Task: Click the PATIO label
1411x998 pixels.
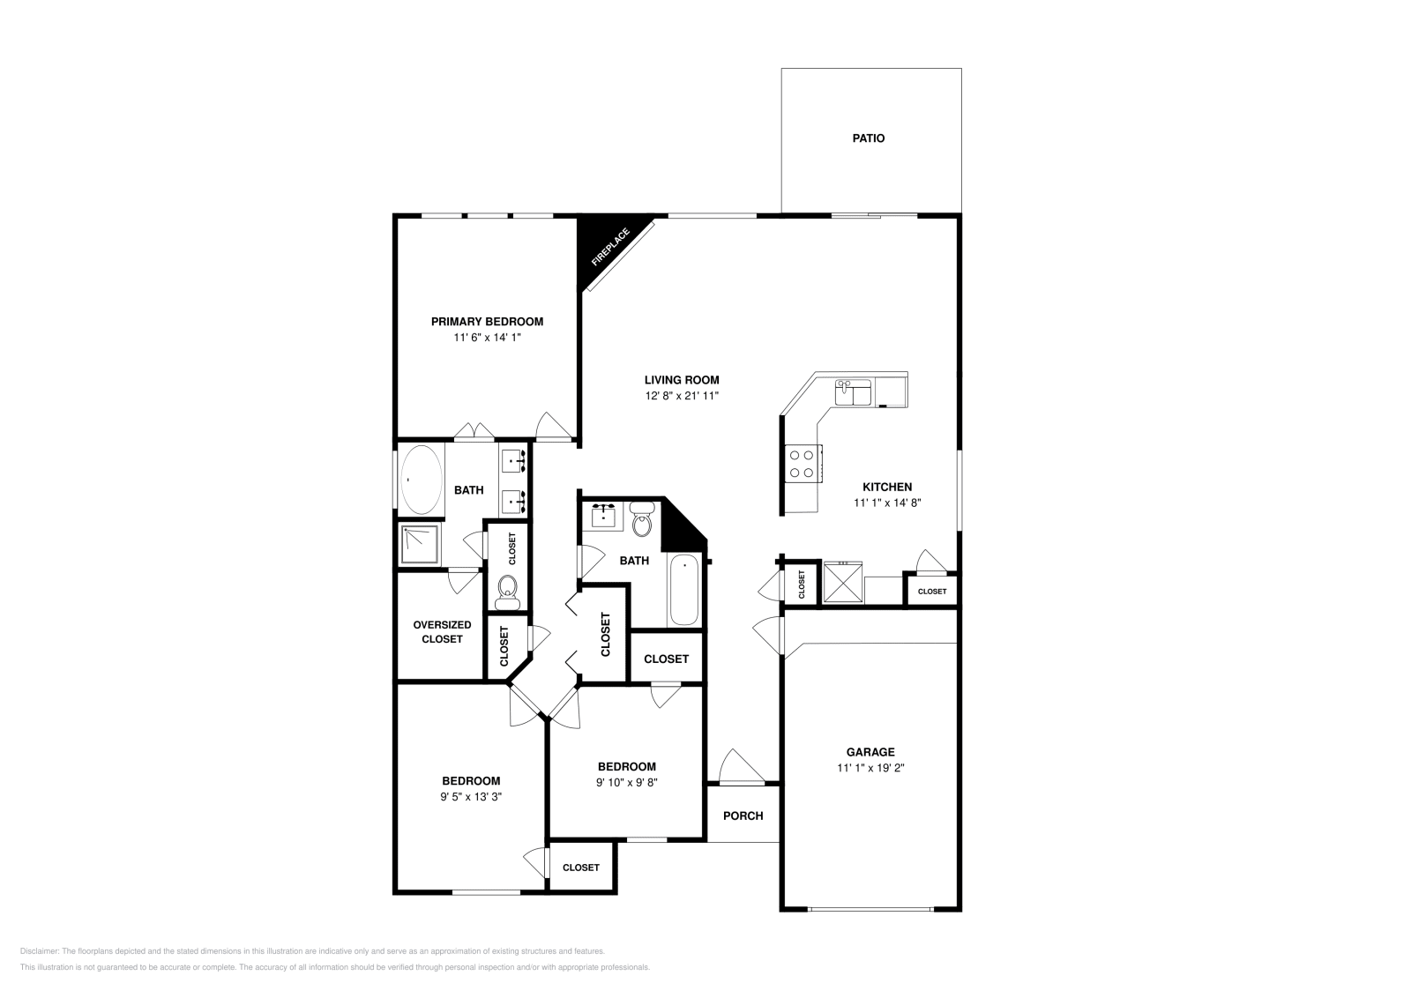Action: coord(868,138)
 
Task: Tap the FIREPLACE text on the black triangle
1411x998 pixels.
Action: coord(610,248)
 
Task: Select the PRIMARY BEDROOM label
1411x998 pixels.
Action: coord(487,322)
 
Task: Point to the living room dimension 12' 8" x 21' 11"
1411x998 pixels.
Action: coord(682,397)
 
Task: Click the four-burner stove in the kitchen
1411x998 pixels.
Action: coord(802,464)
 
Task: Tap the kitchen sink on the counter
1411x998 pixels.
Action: coord(853,391)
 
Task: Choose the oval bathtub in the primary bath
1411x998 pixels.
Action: coord(421,480)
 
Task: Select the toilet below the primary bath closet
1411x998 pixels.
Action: coord(507,592)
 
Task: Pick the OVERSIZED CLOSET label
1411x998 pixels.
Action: coord(442,631)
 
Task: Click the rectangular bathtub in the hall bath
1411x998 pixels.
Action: coord(684,591)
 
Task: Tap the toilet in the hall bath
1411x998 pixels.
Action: coord(642,520)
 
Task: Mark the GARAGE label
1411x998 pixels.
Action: coord(870,752)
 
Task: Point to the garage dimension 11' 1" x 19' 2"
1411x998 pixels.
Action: coord(870,768)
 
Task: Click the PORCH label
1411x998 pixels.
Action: coord(743,816)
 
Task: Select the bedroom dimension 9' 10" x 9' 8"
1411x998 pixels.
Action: coord(626,782)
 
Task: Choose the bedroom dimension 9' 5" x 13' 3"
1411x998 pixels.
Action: coord(471,796)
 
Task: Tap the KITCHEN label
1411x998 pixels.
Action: coord(886,487)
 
